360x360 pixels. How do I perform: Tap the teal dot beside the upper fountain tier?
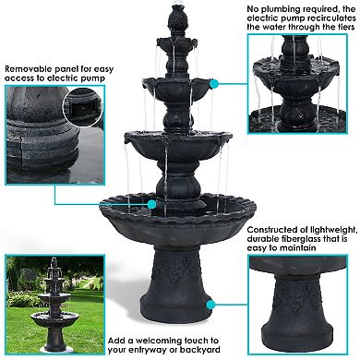coord(214,83)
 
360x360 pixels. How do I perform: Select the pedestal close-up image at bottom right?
coord(303,306)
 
